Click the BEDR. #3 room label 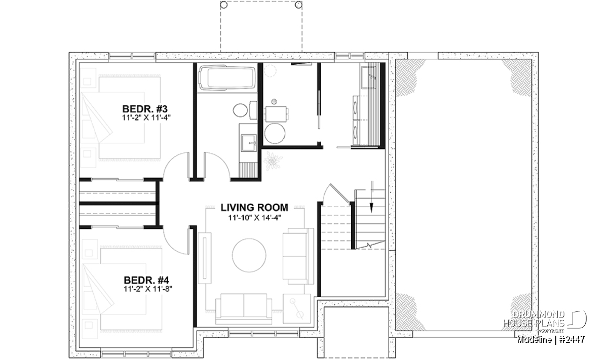145,109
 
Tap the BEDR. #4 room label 146,280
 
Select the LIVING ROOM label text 254,208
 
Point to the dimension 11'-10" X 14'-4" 254,218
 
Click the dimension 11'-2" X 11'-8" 148,289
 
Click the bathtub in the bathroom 227,77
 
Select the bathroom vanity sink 249,142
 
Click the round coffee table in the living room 249,255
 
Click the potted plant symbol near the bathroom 273,161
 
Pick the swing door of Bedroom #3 176,166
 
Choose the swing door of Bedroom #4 176,241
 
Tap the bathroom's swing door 217,166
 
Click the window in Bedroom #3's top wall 132,56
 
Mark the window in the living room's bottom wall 263,333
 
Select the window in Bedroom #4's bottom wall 136,354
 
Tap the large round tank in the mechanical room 275,134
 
